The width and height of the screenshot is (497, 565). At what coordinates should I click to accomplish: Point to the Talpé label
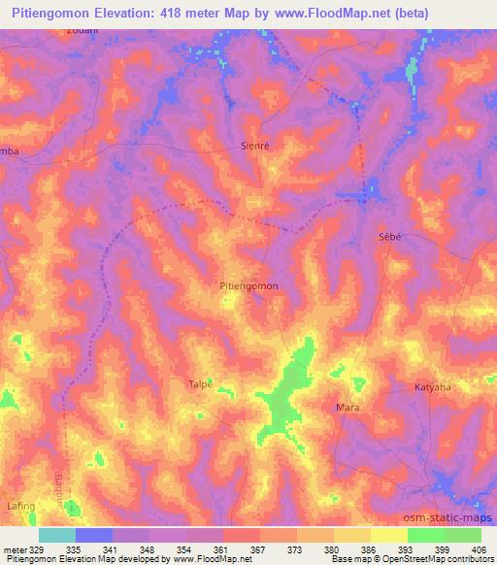199,383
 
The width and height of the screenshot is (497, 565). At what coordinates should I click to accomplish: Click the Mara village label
347,407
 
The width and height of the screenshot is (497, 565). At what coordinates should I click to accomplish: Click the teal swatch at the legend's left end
57,535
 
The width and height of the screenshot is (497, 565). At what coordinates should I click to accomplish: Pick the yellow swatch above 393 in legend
389,535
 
